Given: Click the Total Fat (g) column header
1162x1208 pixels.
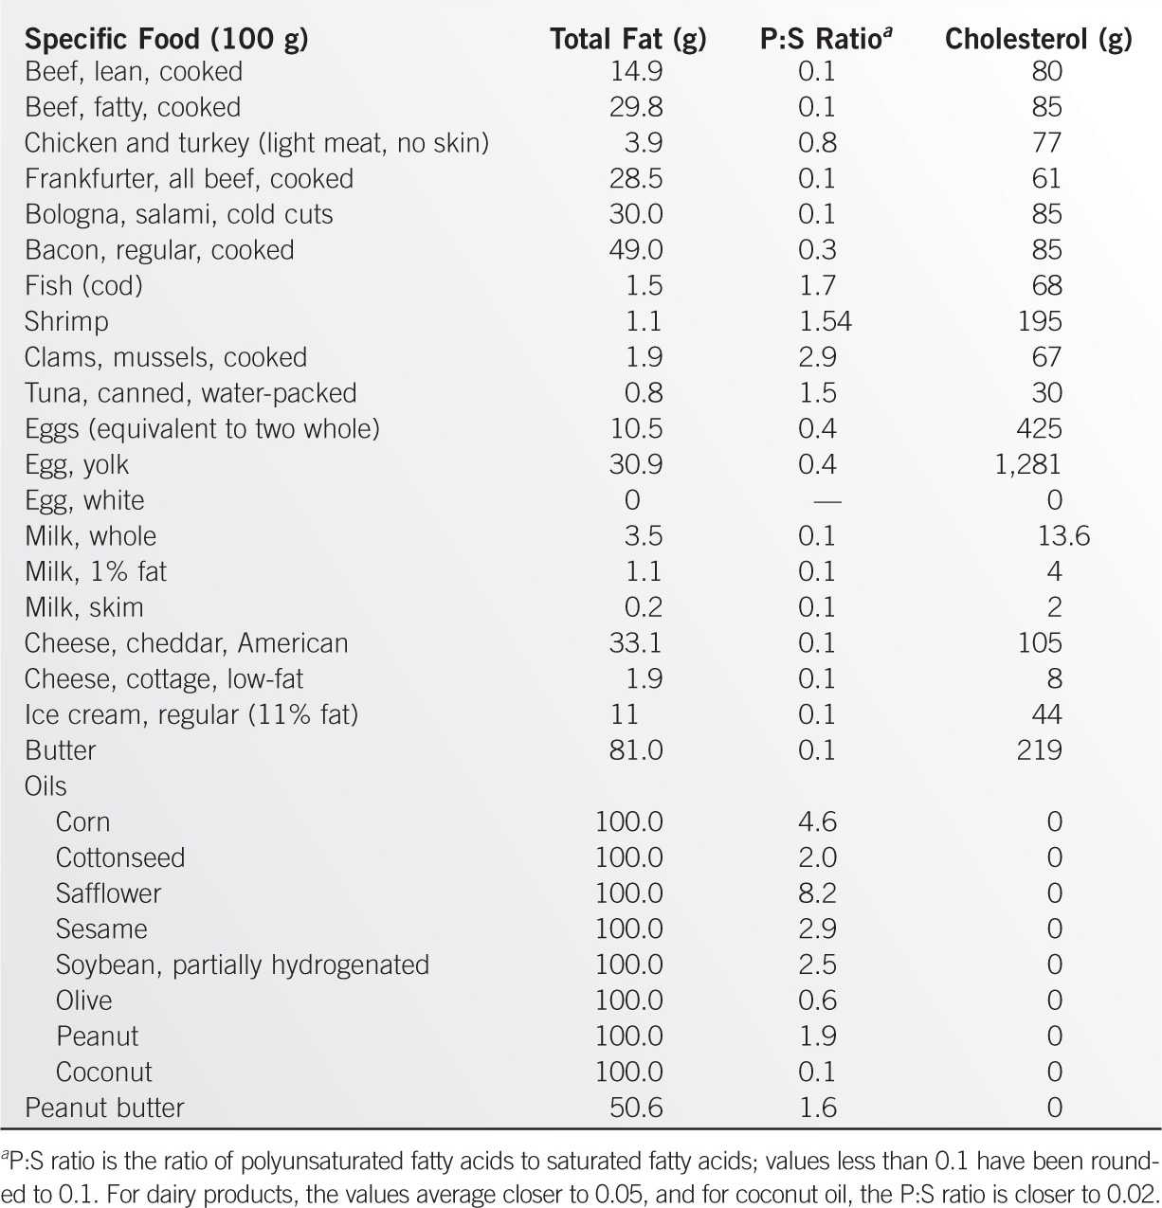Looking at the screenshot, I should coord(627,39).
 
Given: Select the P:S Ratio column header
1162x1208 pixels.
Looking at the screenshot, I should coord(826,39).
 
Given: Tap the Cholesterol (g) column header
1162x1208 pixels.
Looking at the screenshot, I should coord(1038,39).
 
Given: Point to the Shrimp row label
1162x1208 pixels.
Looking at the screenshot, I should coord(66,321).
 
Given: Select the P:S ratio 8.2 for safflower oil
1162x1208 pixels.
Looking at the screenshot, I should coord(817,893).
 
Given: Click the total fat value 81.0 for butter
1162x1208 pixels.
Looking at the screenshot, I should coord(636,750).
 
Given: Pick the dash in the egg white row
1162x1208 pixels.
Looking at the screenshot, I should coord(821,500).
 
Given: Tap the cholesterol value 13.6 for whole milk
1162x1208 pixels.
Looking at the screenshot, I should coord(1062,536).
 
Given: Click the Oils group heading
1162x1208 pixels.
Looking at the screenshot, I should coord(45,786).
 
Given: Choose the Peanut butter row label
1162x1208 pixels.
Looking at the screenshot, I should coord(104,1108).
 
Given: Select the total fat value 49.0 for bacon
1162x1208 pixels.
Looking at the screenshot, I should coord(636,250).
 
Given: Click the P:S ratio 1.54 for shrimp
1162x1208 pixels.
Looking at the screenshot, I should coord(825,321).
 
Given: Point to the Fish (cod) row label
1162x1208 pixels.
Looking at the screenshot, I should coord(83,286).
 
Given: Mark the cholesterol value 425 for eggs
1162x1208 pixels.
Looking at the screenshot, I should coord(1039,428).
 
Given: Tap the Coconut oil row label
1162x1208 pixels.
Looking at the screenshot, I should coord(103,1072).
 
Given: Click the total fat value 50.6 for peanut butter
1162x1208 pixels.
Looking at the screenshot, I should coord(636,1108).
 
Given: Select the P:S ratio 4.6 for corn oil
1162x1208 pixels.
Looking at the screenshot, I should coord(817,821).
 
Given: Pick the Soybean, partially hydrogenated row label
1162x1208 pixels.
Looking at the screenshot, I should coord(242,965).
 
